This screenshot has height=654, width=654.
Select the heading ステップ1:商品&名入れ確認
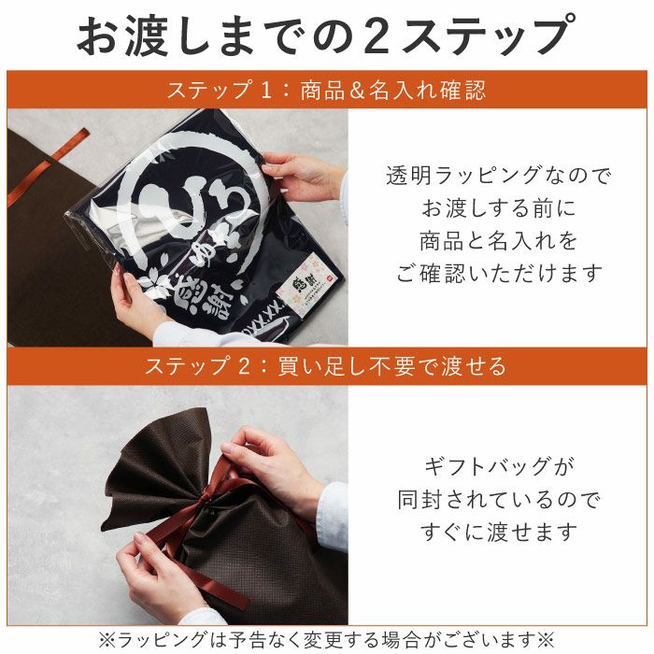click(326, 91)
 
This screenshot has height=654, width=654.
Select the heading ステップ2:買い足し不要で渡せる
click(326, 365)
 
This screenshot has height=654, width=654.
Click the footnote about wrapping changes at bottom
click(326, 639)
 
